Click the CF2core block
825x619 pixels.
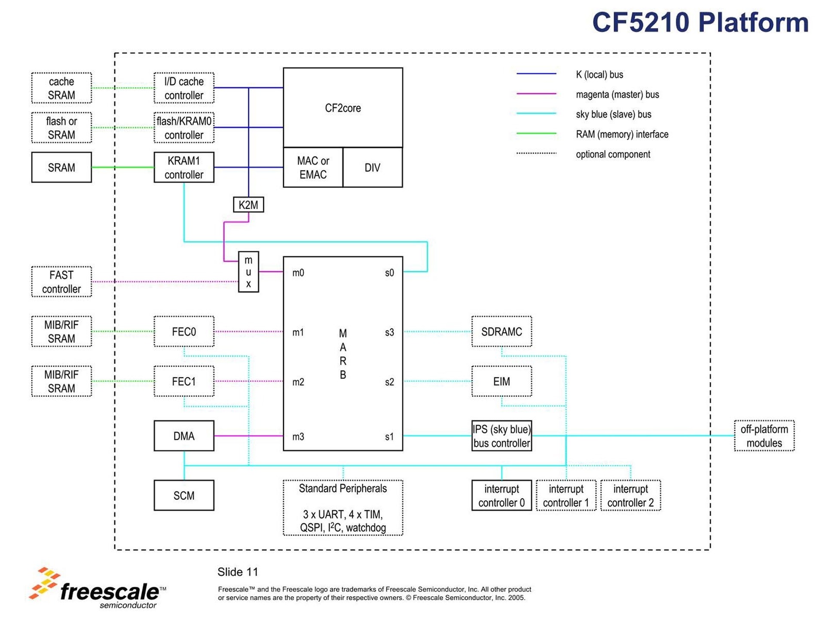pyautogui.click(x=342, y=107)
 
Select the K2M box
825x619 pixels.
pyautogui.click(x=248, y=205)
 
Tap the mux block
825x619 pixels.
pyautogui.click(x=248, y=272)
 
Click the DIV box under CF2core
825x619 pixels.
pyautogui.click(x=372, y=168)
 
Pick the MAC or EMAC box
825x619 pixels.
pyautogui.click(x=313, y=168)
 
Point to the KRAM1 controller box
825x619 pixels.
pyautogui.click(x=184, y=168)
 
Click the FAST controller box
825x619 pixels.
pyautogui.click(x=61, y=282)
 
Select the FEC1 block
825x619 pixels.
pyautogui.click(x=184, y=381)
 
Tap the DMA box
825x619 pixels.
pyautogui.click(x=184, y=436)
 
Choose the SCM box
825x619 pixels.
pyautogui.click(x=184, y=496)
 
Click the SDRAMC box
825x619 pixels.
pyautogui.click(x=501, y=331)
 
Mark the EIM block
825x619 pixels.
pyautogui.click(x=501, y=381)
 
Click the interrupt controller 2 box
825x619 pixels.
pyautogui.click(x=630, y=496)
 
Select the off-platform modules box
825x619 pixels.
pyautogui.click(x=764, y=436)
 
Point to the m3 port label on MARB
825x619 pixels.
pyautogui.click(x=298, y=437)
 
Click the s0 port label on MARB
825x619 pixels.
pyautogui.click(x=389, y=273)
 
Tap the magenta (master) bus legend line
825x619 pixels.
pyautogui.click(x=536, y=94)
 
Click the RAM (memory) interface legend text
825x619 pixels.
pyautogui.click(x=622, y=134)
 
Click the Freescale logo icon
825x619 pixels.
pyautogui.click(x=44, y=583)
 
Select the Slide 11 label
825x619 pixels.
pyautogui.click(x=238, y=572)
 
